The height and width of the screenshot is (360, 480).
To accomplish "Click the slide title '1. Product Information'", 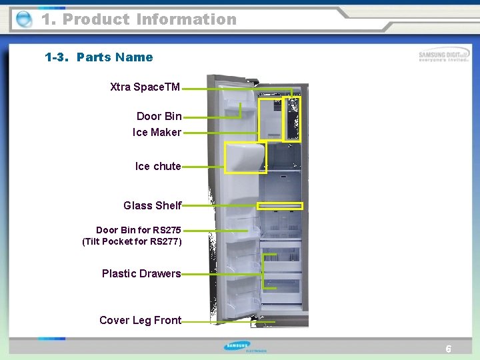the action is [139, 19].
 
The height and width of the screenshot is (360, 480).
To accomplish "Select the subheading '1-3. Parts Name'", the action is [99, 57].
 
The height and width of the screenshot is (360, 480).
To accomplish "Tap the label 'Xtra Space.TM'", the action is [145, 87].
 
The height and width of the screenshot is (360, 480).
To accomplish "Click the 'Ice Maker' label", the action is [157, 132].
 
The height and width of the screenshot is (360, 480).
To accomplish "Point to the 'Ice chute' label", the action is [158, 166].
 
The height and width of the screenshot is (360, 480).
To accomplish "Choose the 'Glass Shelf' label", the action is [152, 205].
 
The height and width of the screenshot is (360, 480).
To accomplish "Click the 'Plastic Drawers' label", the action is [141, 273].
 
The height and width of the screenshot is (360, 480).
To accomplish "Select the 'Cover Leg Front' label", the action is [140, 320].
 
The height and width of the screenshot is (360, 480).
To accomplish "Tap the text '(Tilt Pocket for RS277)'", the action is [131, 241].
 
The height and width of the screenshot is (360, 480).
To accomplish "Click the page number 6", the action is [449, 349].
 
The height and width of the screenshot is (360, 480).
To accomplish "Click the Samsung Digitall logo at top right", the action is [443, 56].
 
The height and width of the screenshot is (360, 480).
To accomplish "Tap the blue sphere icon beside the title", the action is [23, 19].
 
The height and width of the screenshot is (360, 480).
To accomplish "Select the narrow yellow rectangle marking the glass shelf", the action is [280, 206].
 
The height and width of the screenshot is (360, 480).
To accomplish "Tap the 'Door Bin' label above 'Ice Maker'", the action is [159, 116].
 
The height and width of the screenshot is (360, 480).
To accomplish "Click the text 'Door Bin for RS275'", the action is [138, 230].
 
